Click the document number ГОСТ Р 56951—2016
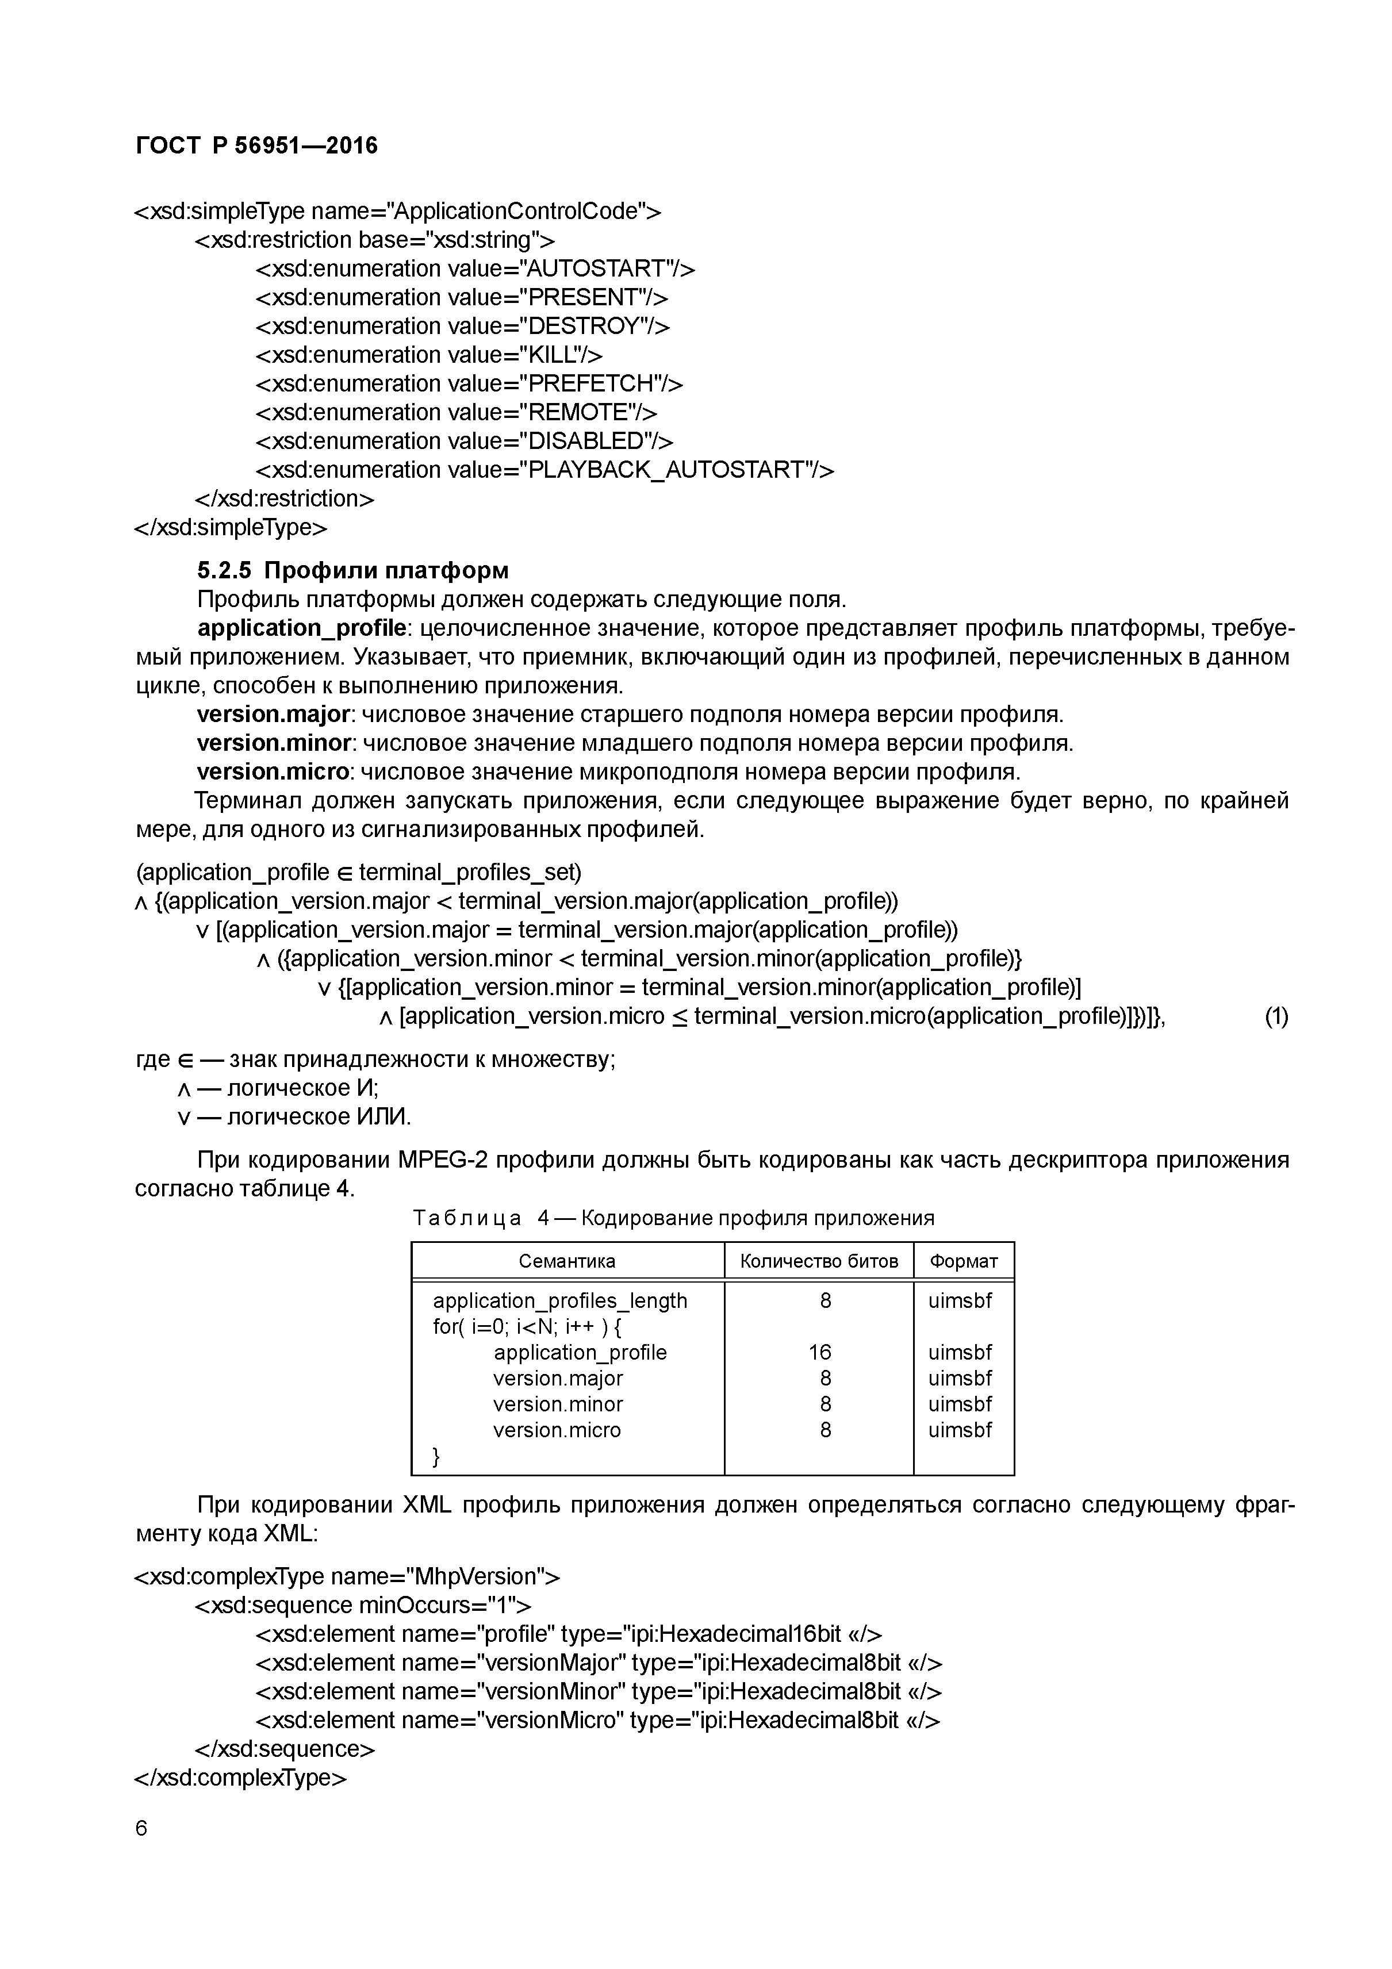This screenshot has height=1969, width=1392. (256, 146)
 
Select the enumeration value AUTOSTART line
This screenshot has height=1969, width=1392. (475, 268)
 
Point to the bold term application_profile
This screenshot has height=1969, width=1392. (301, 628)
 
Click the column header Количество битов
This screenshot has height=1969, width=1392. (818, 1261)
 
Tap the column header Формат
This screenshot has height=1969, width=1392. (964, 1261)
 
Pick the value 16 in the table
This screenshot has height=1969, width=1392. (819, 1352)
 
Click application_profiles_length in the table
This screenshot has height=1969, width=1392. (560, 1301)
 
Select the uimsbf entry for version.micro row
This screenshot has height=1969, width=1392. (960, 1430)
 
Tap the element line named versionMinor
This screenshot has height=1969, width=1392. (598, 1691)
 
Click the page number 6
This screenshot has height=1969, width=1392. (141, 1828)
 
